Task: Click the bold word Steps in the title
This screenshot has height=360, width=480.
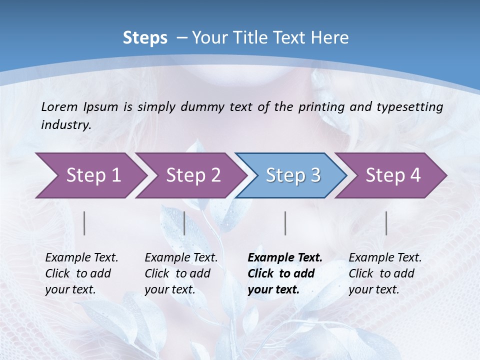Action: coord(145,38)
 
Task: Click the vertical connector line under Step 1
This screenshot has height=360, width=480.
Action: coord(84,223)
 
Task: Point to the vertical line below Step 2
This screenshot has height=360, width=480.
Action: coord(184,223)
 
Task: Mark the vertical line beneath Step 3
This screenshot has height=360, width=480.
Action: coord(285,223)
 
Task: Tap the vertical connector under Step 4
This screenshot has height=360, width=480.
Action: coord(386,223)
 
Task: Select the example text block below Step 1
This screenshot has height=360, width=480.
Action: coord(81,273)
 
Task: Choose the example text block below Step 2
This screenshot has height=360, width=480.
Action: coord(181,273)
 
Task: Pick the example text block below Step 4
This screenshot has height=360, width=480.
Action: coord(385,273)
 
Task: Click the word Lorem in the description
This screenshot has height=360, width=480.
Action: coord(59,106)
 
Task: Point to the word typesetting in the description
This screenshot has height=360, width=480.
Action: coord(412,106)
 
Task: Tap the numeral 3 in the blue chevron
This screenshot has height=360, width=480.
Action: coord(315,175)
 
